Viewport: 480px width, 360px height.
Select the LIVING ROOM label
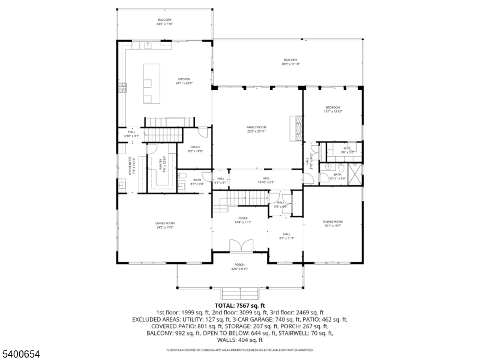coord(165,225)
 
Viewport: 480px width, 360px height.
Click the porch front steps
coord(239,294)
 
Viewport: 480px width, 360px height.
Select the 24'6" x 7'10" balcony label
coord(165,22)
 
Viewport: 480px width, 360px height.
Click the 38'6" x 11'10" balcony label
coord(290,61)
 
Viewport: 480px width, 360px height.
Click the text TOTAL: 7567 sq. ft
coord(239,306)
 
